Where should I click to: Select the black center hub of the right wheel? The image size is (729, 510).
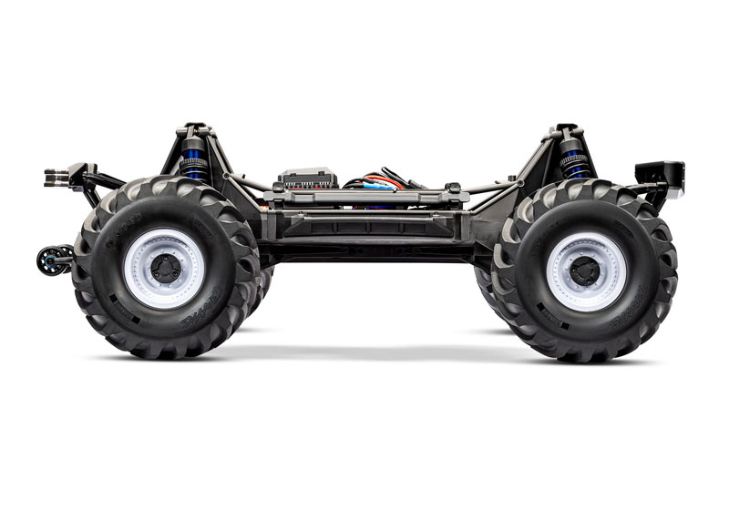pos(585,270)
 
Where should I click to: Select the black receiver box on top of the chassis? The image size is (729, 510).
pos(307,177)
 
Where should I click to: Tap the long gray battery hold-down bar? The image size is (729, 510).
pos(364,196)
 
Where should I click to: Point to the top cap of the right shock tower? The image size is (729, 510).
pos(567,130)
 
